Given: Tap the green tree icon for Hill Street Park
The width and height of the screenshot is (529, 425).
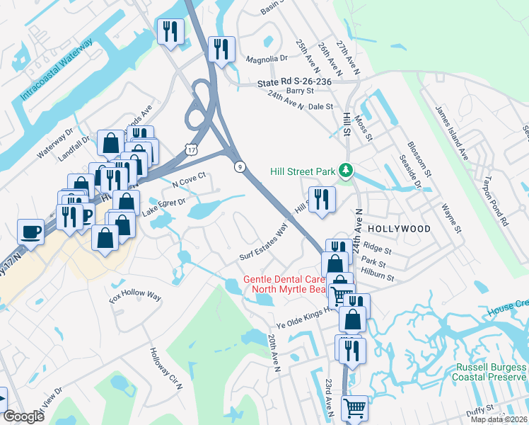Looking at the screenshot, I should tap(346, 171).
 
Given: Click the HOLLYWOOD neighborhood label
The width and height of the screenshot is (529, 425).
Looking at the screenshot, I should tap(400, 229).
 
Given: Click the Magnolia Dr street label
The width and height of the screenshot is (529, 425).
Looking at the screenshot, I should tap(265, 59).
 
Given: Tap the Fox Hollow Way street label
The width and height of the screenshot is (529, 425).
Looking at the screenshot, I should tap(136, 295).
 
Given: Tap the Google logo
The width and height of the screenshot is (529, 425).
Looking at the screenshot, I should tap(23, 417).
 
